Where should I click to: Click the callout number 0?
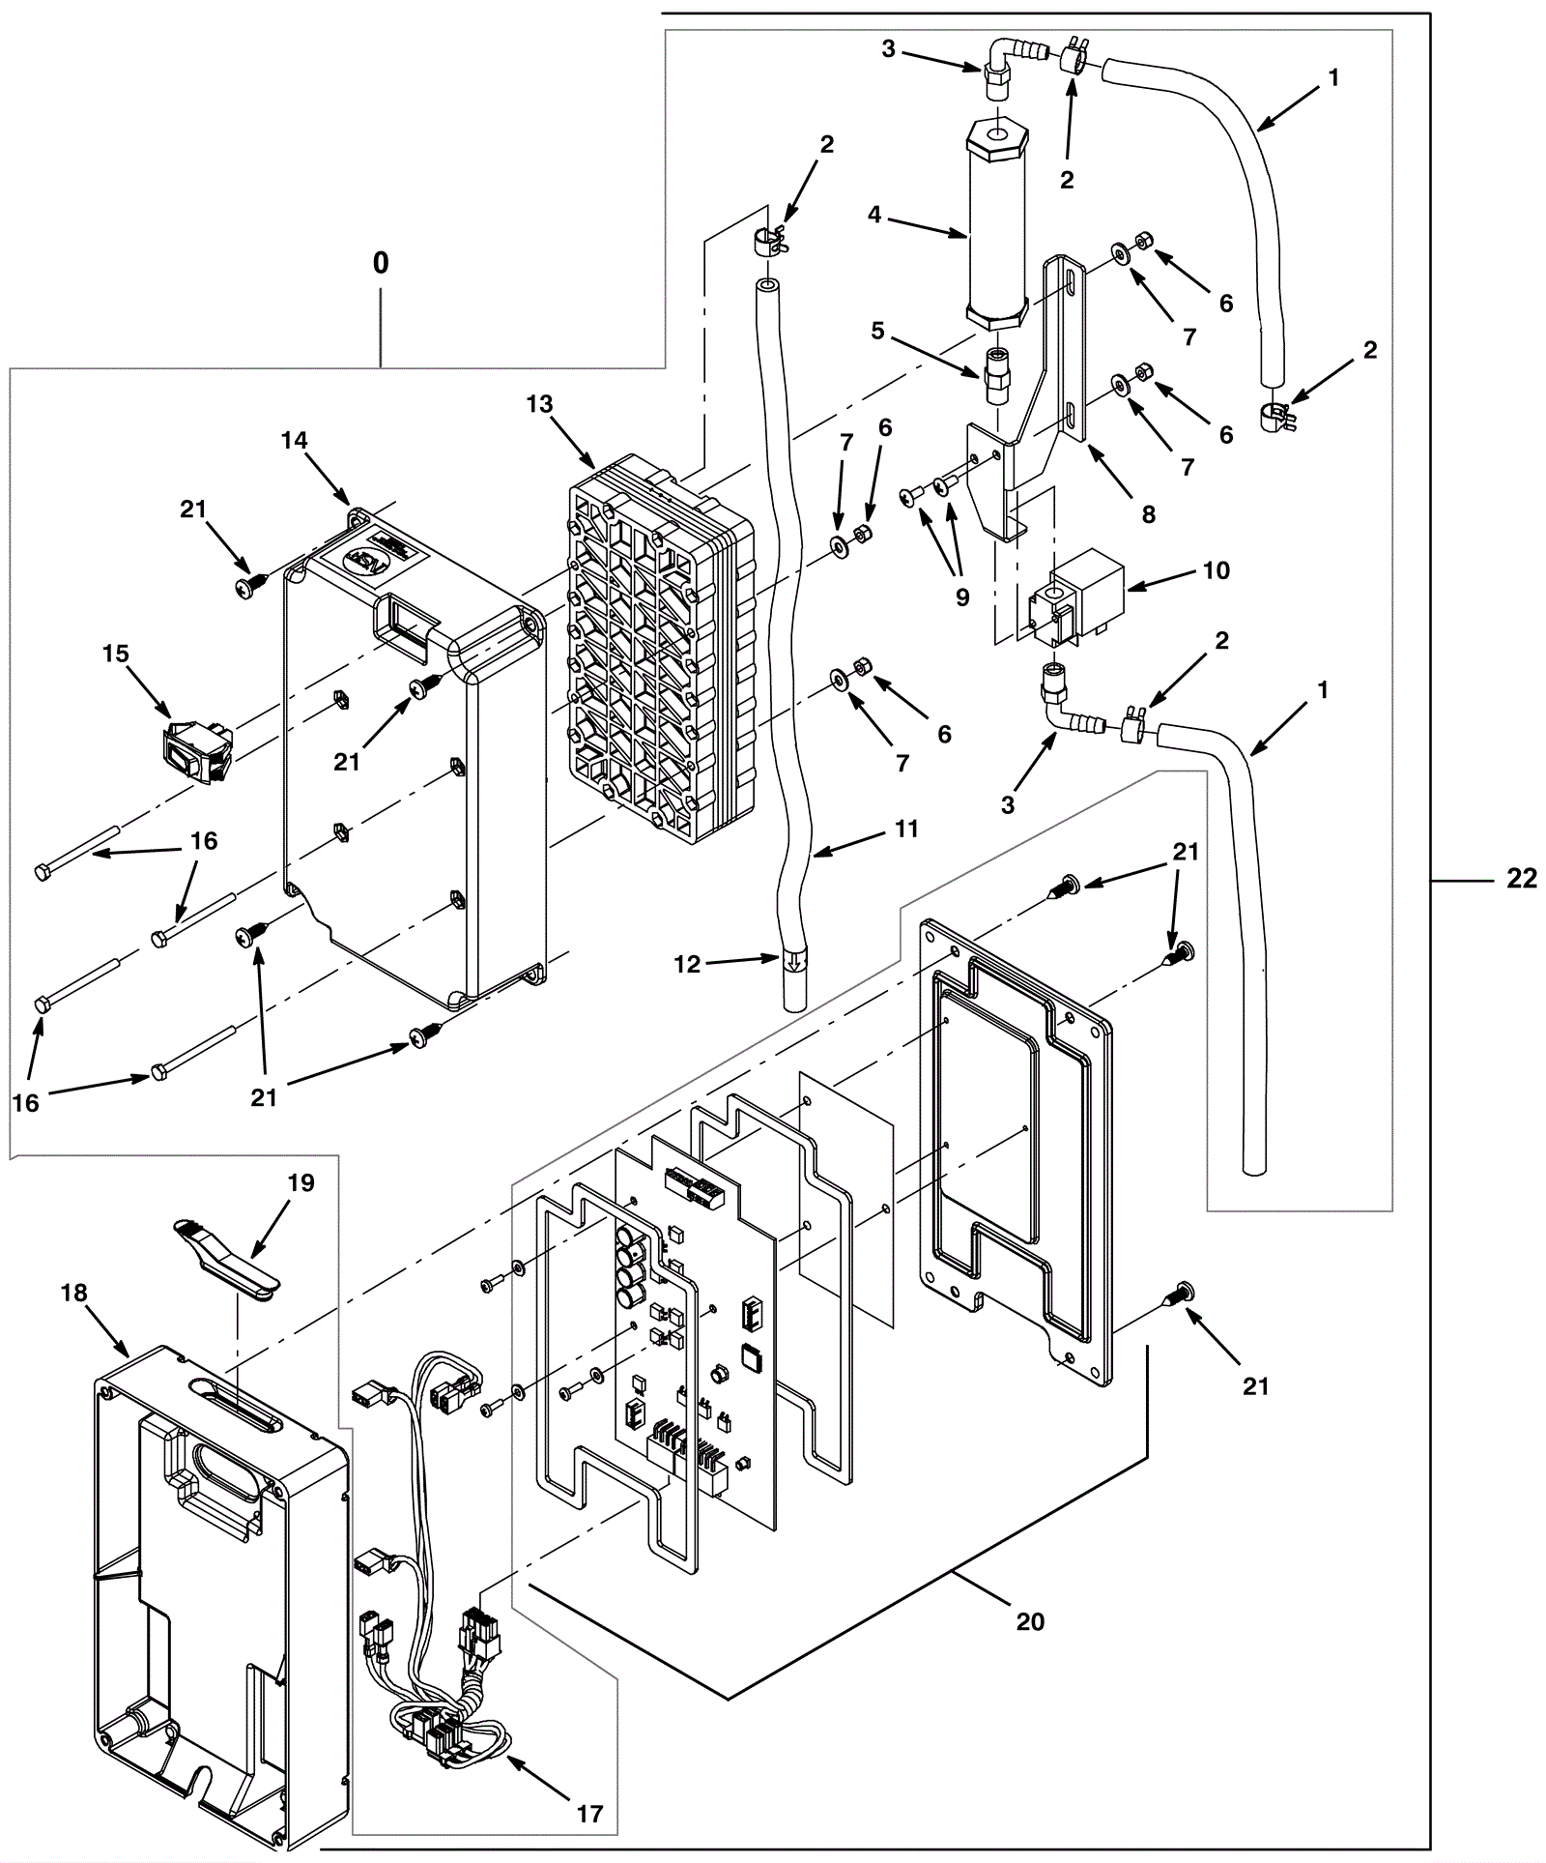coord(381,263)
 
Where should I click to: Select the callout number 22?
coord(1521,878)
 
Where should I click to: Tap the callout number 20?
coord(1030,1620)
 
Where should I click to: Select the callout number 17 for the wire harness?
coord(589,1814)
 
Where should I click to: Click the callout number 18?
coord(74,1292)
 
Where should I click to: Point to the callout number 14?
coord(294,441)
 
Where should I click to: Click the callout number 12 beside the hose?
coord(687,964)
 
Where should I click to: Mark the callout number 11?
coord(905,829)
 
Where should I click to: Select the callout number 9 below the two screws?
coord(961,597)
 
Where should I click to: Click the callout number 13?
coord(539,403)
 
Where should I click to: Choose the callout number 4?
coord(874,215)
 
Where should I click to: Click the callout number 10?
coord(1217,570)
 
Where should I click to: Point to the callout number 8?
coord(1148,513)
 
